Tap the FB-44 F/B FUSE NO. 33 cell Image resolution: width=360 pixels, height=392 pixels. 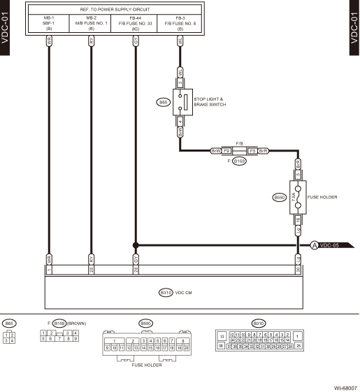(x=136, y=23)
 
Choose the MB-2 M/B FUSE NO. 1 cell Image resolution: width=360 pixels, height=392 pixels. (x=92, y=23)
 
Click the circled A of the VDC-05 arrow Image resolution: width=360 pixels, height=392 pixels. (x=315, y=245)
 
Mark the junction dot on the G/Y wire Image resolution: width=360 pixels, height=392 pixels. (x=136, y=245)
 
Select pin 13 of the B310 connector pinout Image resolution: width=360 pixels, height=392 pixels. (x=222, y=337)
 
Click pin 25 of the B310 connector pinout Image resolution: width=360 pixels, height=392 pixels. (x=298, y=345)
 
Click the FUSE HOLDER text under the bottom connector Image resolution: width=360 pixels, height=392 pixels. (x=147, y=365)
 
